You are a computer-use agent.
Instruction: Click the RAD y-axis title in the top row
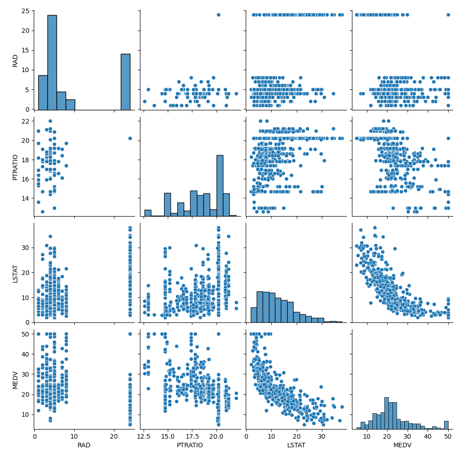click(x=15, y=60)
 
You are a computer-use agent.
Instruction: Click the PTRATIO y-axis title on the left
click(x=15, y=166)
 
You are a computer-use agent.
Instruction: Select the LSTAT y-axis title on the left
click(x=15, y=273)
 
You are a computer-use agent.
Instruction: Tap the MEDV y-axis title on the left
click(x=15, y=379)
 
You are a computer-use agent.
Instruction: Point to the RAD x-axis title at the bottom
click(x=84, y=445)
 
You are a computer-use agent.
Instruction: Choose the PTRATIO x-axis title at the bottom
click(x=190, y=445)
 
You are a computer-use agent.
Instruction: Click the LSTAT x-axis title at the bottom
click(x=296, y=445)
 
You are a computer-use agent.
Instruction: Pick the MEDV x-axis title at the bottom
click(x=402, y=445)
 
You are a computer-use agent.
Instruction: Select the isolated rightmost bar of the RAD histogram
click(x=125, y=82)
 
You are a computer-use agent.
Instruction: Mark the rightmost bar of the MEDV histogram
click(x=446, y=425)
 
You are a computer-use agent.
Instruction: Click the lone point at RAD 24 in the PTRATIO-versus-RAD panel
click(x=130, y=138)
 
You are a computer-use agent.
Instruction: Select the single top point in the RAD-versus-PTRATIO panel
click(x=218, y=15)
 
